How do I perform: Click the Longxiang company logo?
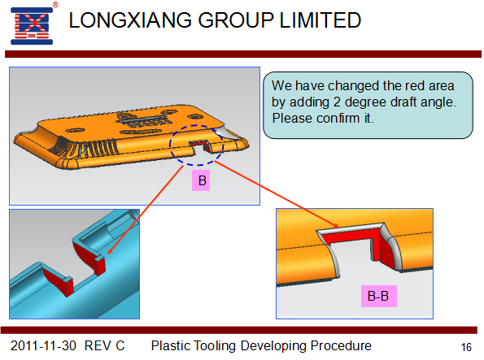tap(32, 26)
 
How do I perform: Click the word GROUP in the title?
tap(236, 20)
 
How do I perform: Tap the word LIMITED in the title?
tap(320, 20)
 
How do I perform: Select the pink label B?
tap(201, 180)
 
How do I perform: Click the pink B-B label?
tap(379, 296)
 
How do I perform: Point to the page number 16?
tap(466, 347)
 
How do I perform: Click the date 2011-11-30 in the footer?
tap(43, 346)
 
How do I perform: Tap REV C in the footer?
tap(105, 346)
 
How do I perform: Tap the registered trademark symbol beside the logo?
tap(55, 5)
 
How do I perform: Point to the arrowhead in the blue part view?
tap(109, 251)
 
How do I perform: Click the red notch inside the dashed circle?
tap(201, 145)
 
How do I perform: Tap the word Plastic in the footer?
tap(171, 346)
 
